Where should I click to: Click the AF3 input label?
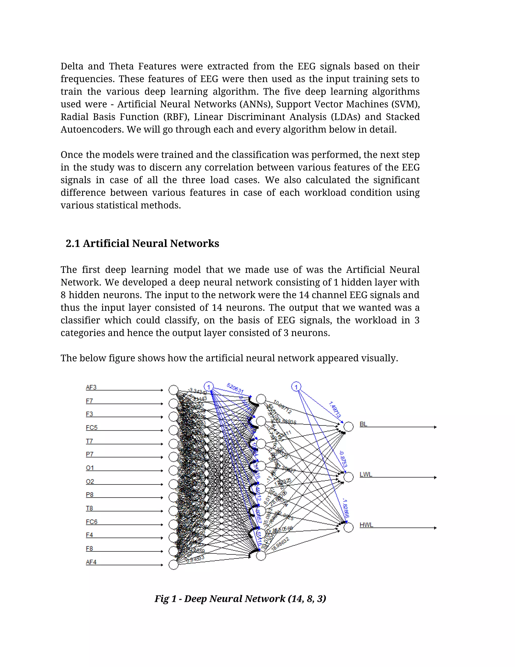coord(91,387)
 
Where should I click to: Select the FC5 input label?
coord(92,428)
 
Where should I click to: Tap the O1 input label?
coord(90,468)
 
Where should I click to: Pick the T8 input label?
coord(89,508)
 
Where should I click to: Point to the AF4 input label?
coord(91,562)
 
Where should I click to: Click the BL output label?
coord(363,424)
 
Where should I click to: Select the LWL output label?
coord(366,474)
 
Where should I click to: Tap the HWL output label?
coord(366,525)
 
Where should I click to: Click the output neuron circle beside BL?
coord(349,427)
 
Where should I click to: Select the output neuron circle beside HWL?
coord(349,527)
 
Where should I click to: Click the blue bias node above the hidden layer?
coord(209,387)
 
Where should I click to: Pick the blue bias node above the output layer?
coord(296,387)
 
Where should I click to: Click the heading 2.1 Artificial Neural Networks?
coord(142,243)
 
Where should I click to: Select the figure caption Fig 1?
coord(240,599)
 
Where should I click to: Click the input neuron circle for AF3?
coord(174,390)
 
